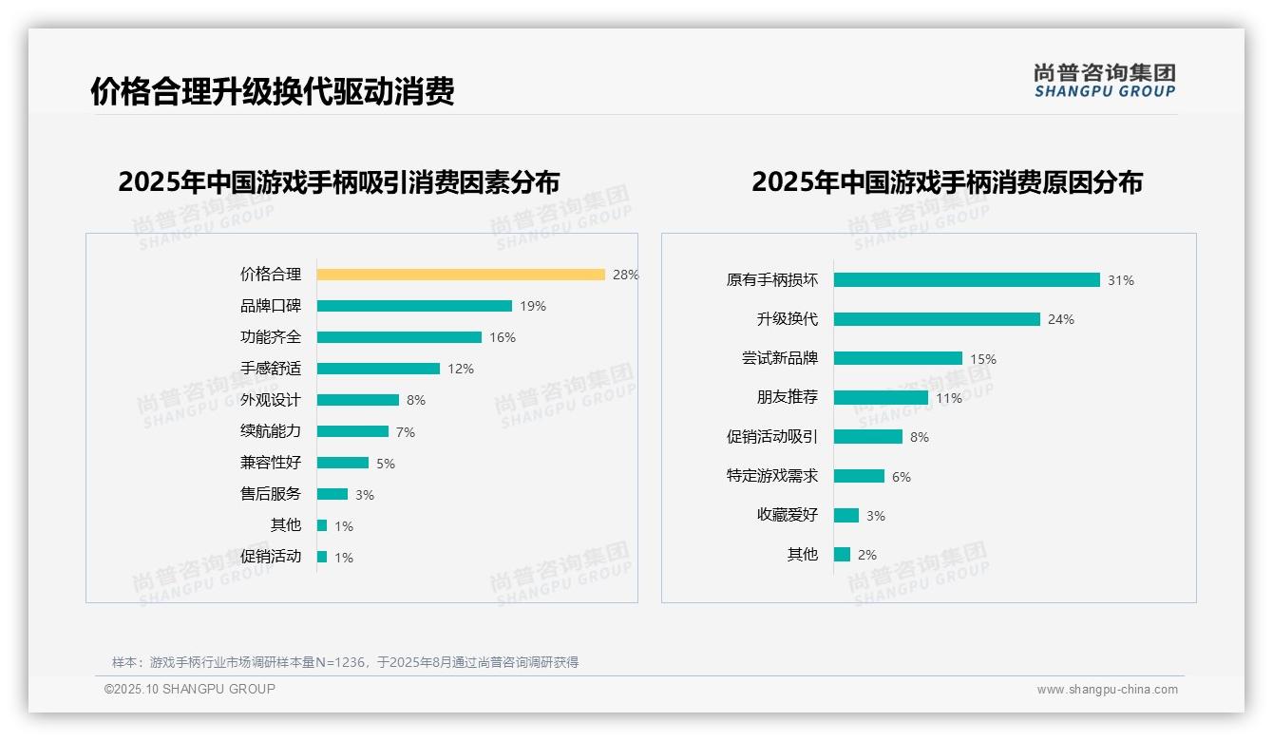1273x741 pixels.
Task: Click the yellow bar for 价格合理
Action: [461, 275]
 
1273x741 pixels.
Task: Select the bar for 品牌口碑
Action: [414, 306]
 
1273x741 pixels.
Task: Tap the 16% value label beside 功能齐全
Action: [503, 337]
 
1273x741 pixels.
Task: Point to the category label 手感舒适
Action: [270, 369]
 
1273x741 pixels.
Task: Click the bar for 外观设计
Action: [358, 400]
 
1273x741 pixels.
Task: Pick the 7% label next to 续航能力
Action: [406, 432]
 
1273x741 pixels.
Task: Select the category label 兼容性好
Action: [270, 463]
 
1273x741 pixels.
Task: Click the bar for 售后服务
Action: [332, 494]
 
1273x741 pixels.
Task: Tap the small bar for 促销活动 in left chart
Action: [322, 557]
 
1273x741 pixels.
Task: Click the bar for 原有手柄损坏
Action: [966, 280]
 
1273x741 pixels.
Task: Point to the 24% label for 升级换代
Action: [1061, 320]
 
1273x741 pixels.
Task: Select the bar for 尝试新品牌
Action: [898, 358]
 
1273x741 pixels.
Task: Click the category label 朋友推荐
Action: [787, 398]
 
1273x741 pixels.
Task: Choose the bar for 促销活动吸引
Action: [868, 437]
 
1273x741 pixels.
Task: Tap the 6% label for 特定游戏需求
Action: [902, 477]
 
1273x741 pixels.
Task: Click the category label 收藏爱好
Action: [787, 515]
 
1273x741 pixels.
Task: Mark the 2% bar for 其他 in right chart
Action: [842, 554]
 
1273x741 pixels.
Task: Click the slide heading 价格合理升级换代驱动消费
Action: [273, 91]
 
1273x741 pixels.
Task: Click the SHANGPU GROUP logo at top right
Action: [1104, 81]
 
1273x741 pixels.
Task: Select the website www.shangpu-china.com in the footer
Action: [1107, 690]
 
